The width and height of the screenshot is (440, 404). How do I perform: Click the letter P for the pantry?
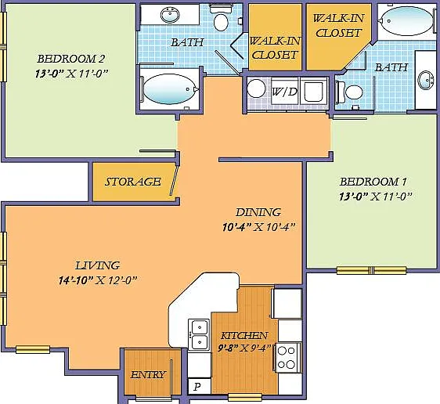pyautogui.click(x=197, y=387)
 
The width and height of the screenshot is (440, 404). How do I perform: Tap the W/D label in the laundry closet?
pyautogui.click(x=284, y=92)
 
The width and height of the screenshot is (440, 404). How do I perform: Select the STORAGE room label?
pyautogui.click(x=132, y=182)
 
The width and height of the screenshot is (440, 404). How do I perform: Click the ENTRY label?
pyautogui.click(x=148, y=374)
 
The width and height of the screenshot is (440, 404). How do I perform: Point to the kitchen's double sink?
pyautogui.click(x=199, y=334)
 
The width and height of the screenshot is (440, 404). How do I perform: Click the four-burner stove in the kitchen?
pyautogui.click(x=287, y=358)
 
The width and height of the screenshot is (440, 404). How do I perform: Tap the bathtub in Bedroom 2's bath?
pyautogui.click(x=169, y=89)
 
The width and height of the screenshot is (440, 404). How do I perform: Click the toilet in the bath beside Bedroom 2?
pyautogui.click(x=221, y=19)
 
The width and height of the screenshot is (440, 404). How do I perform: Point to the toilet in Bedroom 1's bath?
pyautogui.click(x=350, y=92)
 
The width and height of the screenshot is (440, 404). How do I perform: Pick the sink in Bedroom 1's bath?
pyautogui.click(x=426, y=80)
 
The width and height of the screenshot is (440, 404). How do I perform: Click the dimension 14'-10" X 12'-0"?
pyautogui.click(x=98, y=280)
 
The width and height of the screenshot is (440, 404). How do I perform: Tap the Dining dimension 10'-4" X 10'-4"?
pyautogui.click(x=258, y=227)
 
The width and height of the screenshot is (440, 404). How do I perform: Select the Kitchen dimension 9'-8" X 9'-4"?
pyautogui.click(x=244, y=348)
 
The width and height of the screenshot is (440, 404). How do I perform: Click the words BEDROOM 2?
pyautogui.click(x=70, y=59)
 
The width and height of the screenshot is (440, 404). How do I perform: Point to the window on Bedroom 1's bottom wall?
pyautogui.click(x=371, y=270)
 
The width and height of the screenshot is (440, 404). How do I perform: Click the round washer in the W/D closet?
pyautogui.click(x=256, y=88)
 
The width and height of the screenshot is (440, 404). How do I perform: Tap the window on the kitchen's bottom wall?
pyautogui.click(x=244, y=397)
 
